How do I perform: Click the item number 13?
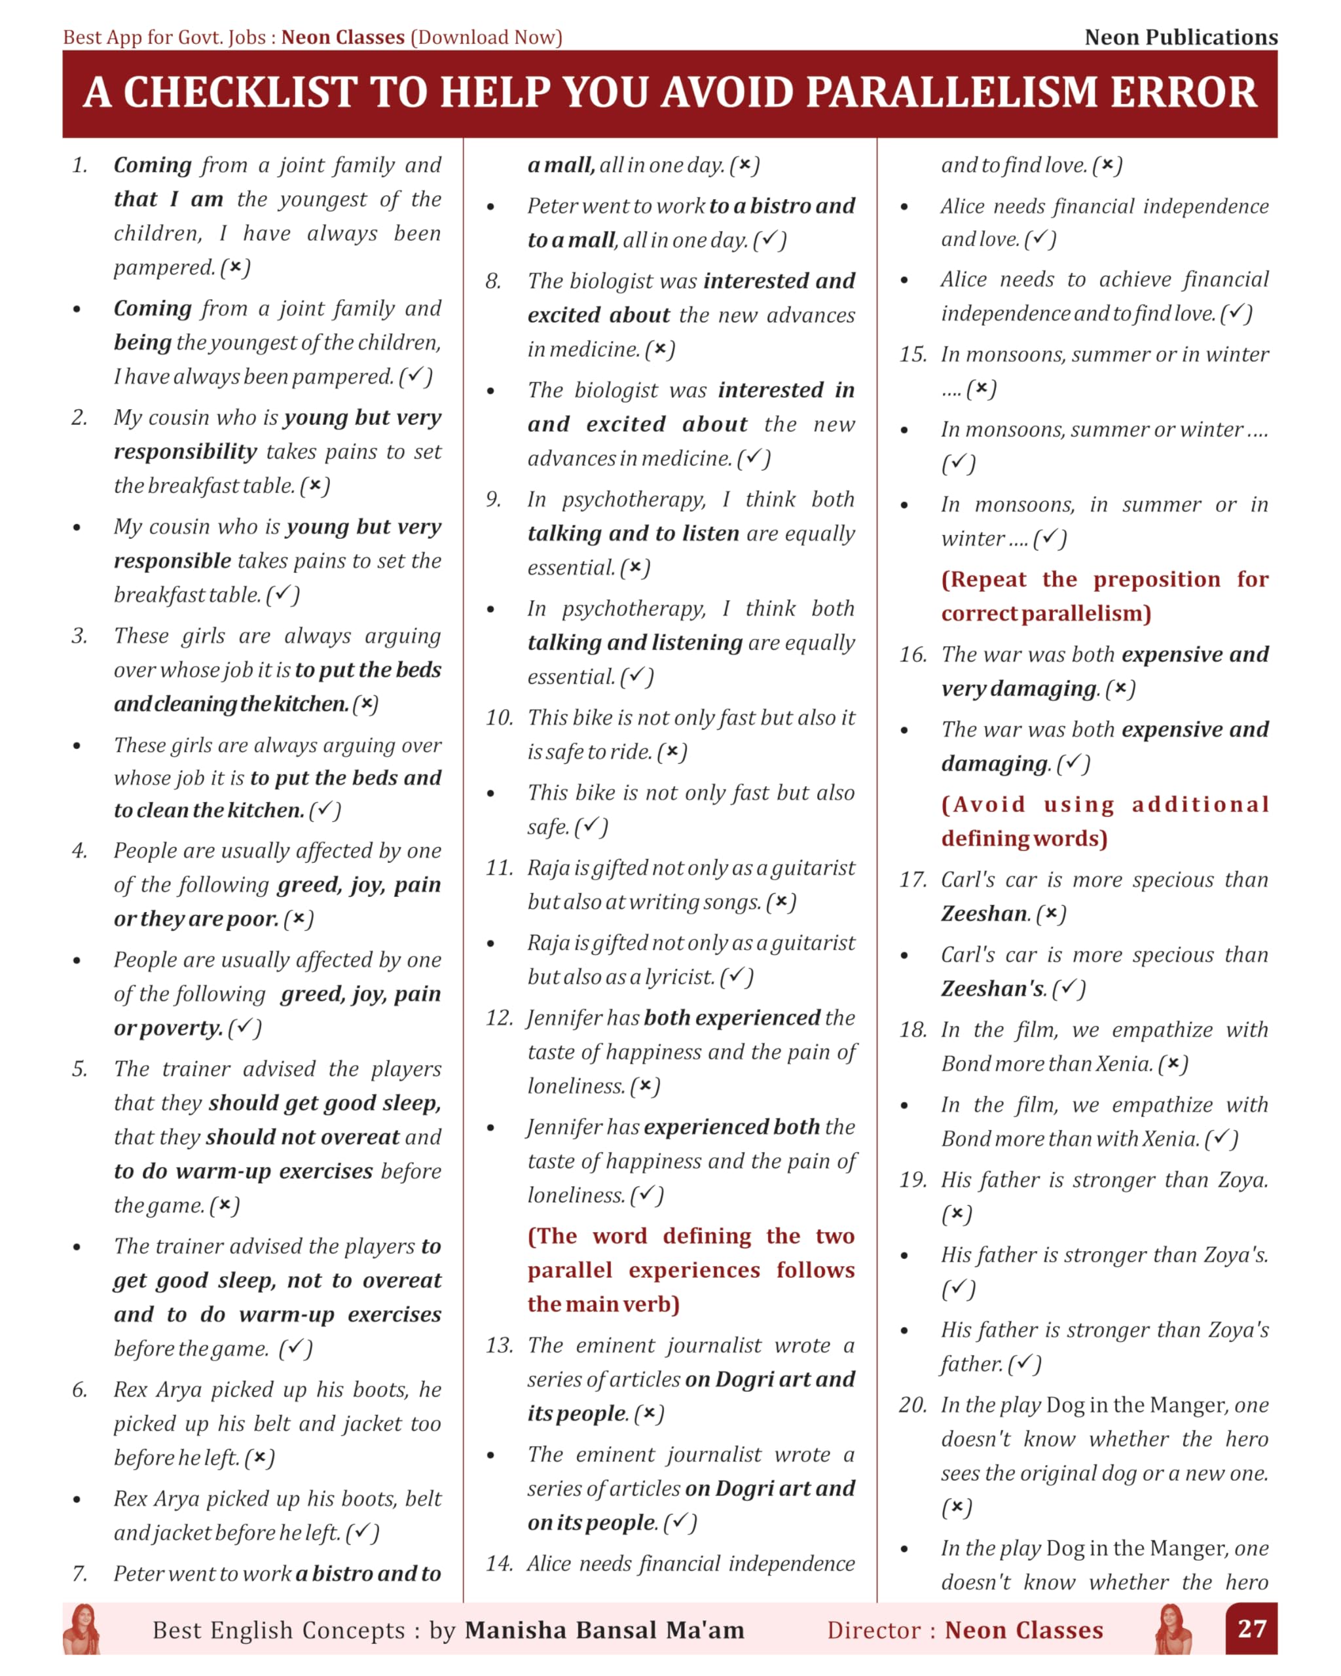coord(499,1345)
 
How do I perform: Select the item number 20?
coord(912,1405)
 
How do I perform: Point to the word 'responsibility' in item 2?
coord(185,452)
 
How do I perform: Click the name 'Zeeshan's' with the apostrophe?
coord(993,989)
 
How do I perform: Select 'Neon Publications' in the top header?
coord(1180,37)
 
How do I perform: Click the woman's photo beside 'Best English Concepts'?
coord(82,1630)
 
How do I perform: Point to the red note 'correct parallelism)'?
coord(1045,614)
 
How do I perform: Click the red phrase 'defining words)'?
coord(1024,839)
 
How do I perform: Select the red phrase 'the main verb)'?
coord(603,1304)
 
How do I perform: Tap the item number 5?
coord(80,1069)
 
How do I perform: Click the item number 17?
coord(913,880)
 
